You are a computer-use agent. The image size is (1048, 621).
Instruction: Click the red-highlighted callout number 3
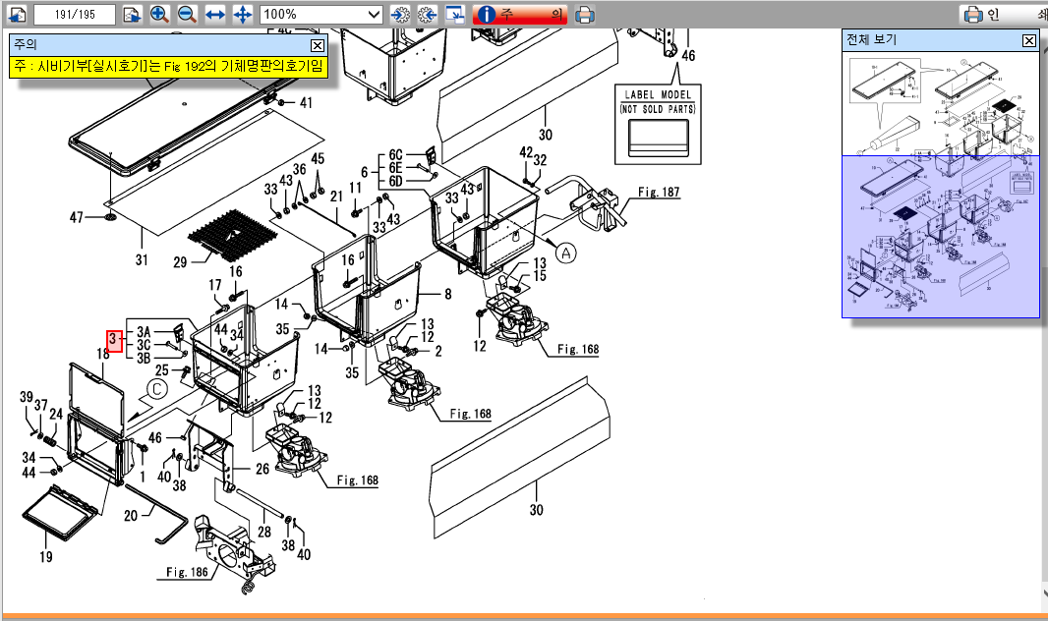[114, 340]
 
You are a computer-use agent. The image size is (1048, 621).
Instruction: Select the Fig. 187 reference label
[658, 193]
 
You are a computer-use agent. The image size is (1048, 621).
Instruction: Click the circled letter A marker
[566, 253]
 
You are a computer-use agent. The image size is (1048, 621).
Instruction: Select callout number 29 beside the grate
[179, 262]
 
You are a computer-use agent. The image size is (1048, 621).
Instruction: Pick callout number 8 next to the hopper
[448, 293]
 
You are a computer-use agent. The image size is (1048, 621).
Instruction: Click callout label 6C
[395, 155]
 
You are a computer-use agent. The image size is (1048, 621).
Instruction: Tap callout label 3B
[144, 358]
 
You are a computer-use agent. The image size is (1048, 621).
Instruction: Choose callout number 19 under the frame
[45, 557]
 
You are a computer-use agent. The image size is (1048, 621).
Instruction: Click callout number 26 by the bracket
[262, 469]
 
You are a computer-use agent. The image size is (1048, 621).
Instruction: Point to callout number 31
[142, 259]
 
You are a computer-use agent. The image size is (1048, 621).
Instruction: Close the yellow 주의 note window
[317, 45]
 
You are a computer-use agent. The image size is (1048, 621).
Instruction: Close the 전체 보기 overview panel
[1028, 40]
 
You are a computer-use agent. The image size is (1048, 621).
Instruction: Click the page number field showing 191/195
[74, 15]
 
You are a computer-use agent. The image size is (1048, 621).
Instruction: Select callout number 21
[335, 196]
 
